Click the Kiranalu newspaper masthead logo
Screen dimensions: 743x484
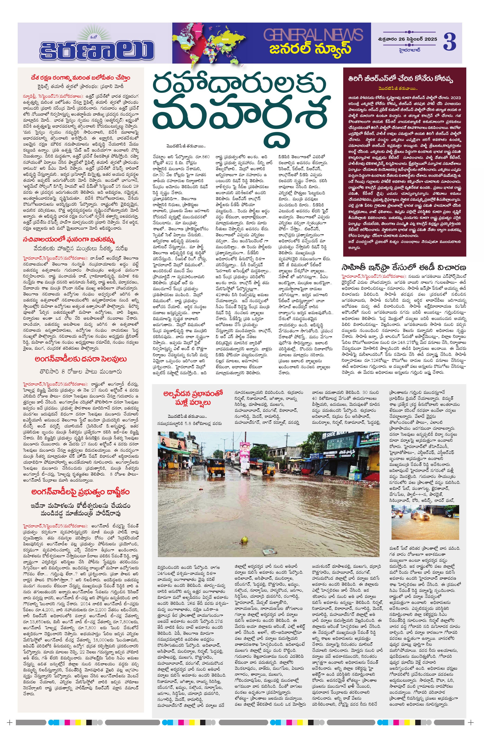click(97, 47)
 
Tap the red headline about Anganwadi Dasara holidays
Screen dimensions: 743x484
click(81, 359)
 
